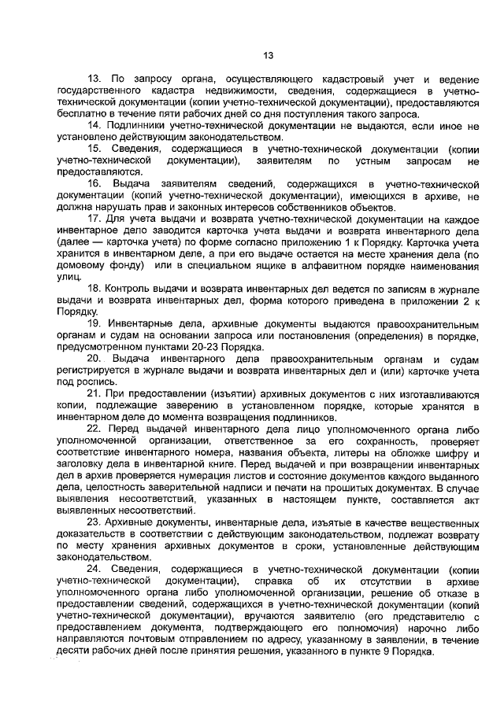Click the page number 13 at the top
(x=268, y=55)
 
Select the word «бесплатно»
(x=80, y=114)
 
